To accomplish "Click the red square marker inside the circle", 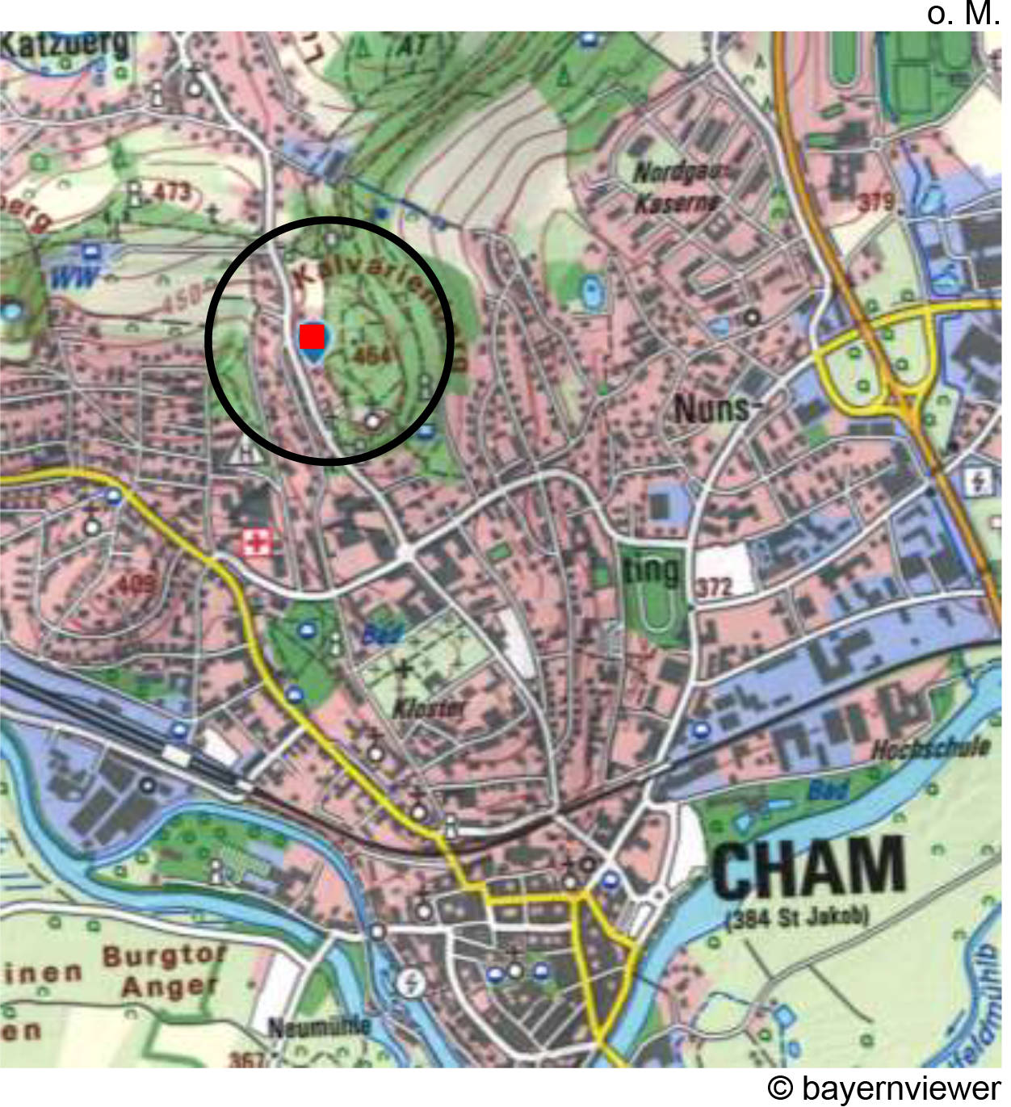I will pos(312,336).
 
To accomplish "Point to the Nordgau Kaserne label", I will pos(678,187).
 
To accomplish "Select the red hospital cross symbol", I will pos(258,542).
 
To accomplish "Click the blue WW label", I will pos(75,279).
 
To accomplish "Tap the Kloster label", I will pos(429,708).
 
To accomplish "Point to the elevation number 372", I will pos(714,587).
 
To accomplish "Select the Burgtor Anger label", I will pos(165,971).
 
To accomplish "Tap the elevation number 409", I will pos(136,582).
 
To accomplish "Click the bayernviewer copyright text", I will pos(884,1088).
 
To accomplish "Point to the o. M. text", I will pos(963,14).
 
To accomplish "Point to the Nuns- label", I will pos(711,409).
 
